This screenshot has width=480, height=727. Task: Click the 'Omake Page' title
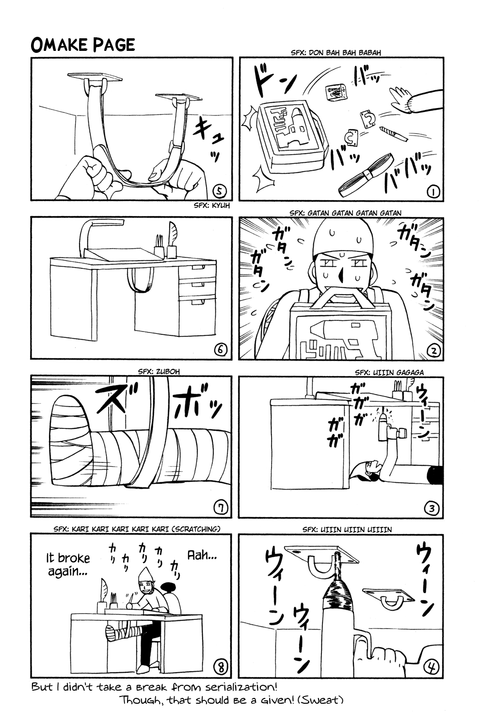(x=82, y=45)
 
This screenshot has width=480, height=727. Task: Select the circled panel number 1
(x=433, y=192)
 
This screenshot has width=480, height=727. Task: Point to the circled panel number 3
(x=432, y=508)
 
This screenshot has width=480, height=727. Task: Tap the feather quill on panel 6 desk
(x=173, y=235)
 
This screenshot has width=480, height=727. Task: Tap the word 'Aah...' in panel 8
(x=202, y=555)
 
